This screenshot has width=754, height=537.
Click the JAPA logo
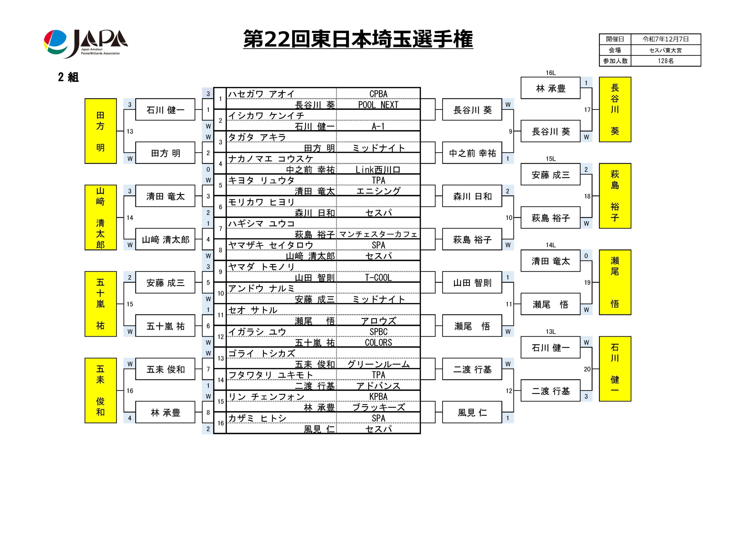click(86, 44)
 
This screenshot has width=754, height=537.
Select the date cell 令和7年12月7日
click(665, 39)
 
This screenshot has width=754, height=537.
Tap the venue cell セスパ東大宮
click(665, 50)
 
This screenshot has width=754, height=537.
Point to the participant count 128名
click(665, 61)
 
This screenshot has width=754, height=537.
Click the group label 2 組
click(68, 77)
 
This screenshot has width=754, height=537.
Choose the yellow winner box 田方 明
click(100, 131)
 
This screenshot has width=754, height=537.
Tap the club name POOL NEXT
click(378, 105)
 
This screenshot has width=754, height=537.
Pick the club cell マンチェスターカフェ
click(378, 234)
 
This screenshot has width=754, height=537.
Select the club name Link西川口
click(378, 170)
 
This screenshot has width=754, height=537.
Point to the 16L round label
click(550, 73)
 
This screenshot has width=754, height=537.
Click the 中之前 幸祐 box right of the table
click(472, 153)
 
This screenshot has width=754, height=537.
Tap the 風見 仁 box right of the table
click(472, 412)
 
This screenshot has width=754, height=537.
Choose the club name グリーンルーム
click(378, 364)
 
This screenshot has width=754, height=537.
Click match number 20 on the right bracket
click(587, 369)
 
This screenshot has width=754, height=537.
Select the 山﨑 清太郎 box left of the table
click(165, 239)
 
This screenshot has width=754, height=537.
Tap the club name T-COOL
click(378, 277)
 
